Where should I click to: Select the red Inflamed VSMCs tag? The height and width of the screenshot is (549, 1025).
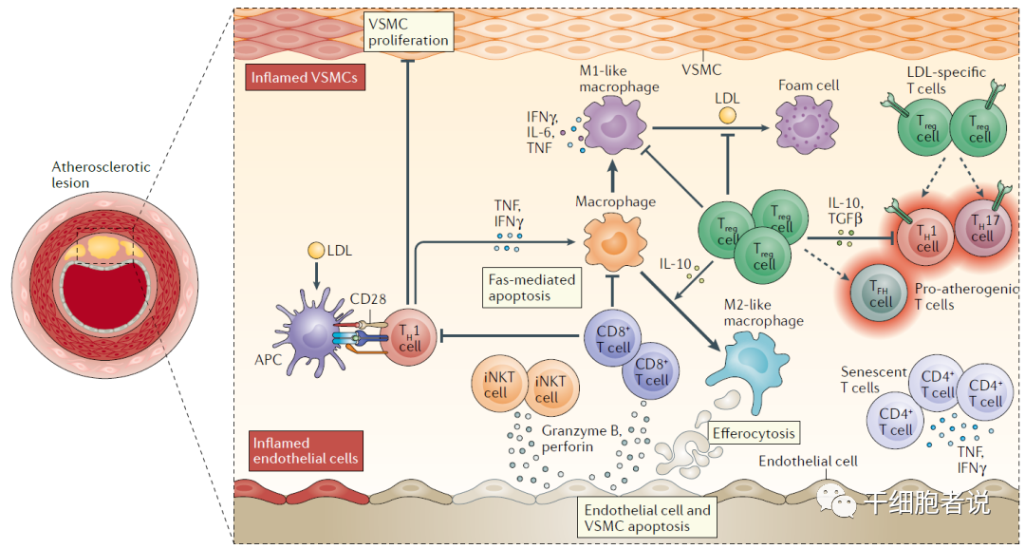pos(304,78)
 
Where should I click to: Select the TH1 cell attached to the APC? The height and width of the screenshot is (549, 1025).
pos(410,337)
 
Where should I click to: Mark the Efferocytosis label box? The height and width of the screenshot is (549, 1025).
pos(753,432)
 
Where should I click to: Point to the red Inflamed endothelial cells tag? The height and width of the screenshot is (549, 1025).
pos(306,450)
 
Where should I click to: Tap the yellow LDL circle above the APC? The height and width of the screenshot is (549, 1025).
pos(317,251)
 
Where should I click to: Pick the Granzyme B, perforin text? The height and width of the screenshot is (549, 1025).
pos(581,438)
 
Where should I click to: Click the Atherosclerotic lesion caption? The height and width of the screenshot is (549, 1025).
pos(101,174)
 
